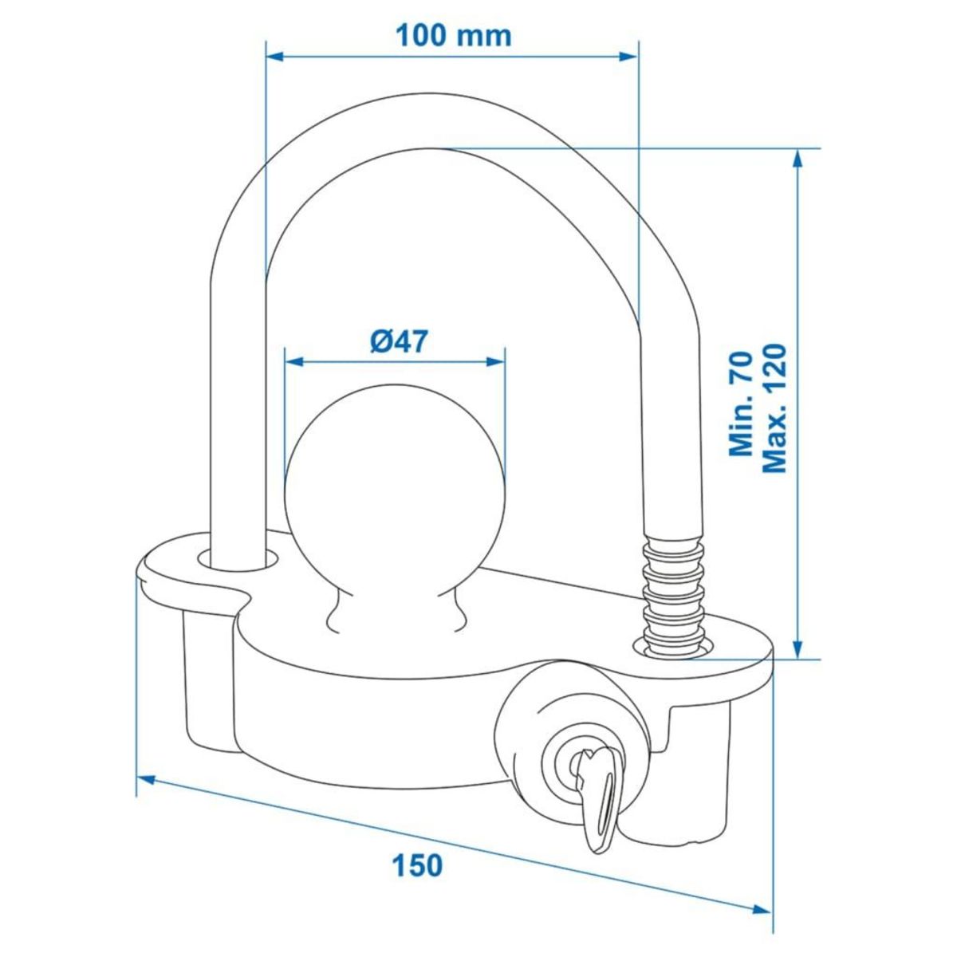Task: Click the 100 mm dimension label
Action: point(453,36)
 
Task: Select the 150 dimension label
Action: point(415,864)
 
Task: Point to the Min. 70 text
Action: point(742,408)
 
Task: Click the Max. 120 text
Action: point(774,408)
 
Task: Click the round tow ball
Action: point(395,486)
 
